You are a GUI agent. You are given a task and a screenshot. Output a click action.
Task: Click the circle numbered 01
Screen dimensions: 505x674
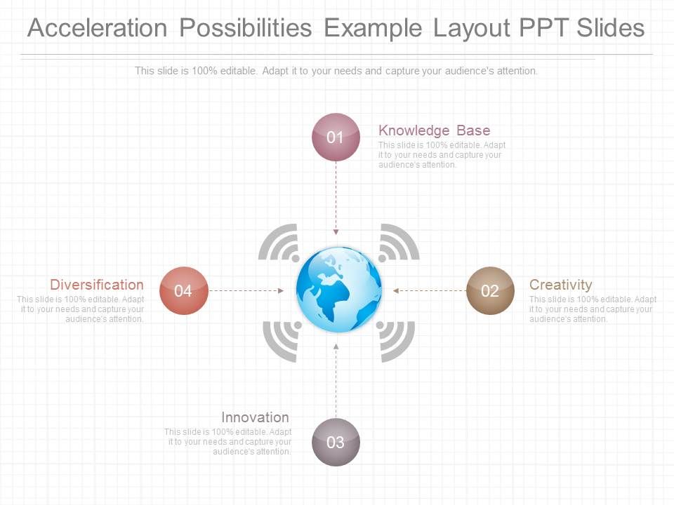(336, 137)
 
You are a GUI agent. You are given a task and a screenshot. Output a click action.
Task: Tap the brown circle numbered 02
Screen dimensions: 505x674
(490, 290)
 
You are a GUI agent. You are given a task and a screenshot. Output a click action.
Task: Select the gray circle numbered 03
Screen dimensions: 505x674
(336, 442)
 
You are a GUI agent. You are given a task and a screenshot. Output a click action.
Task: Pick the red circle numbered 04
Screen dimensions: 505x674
(183, 290)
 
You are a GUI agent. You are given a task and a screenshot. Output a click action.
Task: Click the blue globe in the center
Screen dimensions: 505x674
(338, 289)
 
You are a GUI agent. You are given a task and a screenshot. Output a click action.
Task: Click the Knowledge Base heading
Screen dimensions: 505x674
(434, 130)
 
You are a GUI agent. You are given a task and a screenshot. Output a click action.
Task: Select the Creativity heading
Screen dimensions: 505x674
(560, 285)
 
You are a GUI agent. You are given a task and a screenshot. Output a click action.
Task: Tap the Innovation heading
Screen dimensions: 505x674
(255, 417)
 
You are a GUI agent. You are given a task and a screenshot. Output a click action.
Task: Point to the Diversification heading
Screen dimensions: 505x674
(97, 285)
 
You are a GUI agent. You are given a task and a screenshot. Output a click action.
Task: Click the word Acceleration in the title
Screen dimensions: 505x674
(97, 28)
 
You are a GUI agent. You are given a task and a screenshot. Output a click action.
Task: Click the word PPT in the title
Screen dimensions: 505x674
(543, 28)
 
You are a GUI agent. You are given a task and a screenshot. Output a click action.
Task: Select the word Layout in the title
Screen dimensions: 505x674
(470, 28)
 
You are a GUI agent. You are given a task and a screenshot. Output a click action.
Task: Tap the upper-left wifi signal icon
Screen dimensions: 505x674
(279, 243)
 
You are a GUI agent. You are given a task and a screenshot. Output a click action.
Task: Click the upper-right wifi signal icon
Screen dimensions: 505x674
(398, 243)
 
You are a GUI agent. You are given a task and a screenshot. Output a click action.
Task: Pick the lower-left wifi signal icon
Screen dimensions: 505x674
(282, 339)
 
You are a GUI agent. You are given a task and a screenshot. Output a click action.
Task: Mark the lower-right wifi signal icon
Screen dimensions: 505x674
(397, 339)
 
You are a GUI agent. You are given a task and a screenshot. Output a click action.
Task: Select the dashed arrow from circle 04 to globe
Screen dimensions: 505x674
(246, 290)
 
